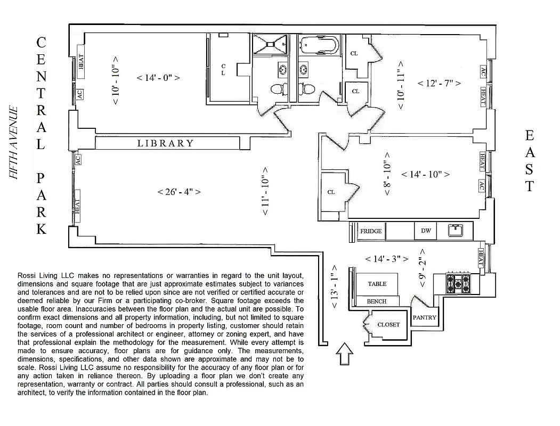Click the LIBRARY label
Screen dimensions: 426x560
[x=166, y=143]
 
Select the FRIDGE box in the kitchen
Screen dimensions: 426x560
[x=371, y=231]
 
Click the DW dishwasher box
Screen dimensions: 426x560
[x=426, y=231]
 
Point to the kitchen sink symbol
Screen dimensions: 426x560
[x=455, y=231]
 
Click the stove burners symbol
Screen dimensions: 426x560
[x=458, y=283]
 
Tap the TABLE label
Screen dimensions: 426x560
[x=377, y=284]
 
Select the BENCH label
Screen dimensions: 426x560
[x=377, y=301]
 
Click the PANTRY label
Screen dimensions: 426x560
[x=425, y=317]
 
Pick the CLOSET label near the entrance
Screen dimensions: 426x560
[x=388, y=324]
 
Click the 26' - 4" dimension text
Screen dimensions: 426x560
[x=179, y=192]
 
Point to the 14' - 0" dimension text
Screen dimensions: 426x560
[x=158, y=78]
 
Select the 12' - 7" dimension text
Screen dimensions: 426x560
[x=439, y=83]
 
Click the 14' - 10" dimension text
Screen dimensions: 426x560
[x=425, y=174]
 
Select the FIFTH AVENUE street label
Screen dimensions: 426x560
[x=14, y=143]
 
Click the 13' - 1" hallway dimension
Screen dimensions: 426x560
[x=335, y=288]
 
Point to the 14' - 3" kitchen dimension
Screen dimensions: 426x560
[x=387, y=259]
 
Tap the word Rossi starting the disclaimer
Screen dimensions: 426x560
[x=28, y=275]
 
